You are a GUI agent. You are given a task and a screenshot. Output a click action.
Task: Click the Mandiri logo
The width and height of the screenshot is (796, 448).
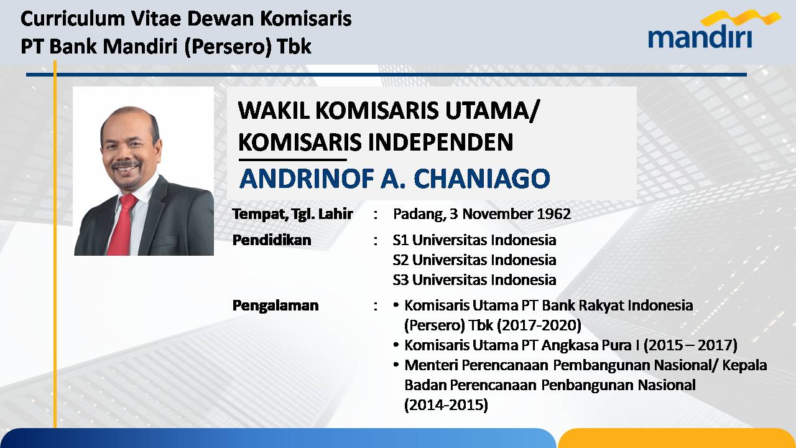click(707, 29)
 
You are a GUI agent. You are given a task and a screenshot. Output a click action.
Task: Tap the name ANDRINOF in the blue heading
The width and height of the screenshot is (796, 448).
click(307, 178)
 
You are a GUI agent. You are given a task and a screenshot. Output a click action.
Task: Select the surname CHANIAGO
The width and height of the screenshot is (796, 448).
click(481, 178)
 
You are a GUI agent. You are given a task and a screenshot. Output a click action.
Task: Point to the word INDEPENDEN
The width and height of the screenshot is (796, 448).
click(440, 142)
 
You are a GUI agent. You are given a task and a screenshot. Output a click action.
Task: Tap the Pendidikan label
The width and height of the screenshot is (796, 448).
click(272, 240)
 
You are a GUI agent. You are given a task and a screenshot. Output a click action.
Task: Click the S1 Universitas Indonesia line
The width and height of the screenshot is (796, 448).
click(474, 240)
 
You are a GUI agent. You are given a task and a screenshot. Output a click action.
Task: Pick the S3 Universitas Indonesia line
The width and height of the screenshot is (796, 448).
click(474, 280)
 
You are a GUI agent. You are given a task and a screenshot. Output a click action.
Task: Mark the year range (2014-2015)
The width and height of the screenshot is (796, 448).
click(446, 405)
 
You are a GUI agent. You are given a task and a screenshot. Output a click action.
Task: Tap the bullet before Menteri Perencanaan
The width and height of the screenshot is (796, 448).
click(396, 365)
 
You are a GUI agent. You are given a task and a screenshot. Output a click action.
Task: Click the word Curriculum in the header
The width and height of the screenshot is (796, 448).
click(73, 19)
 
